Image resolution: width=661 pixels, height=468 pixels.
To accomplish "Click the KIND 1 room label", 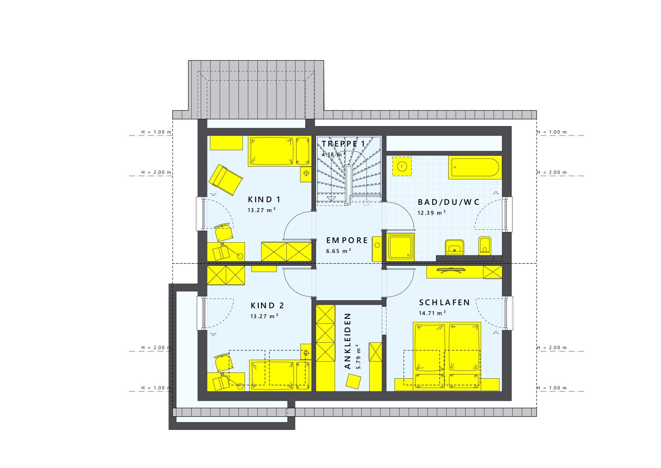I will [x=264, y=200].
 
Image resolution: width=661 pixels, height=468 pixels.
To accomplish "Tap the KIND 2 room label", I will [x=267, y=306].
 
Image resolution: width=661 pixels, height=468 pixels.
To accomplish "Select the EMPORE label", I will [x=347, y=240].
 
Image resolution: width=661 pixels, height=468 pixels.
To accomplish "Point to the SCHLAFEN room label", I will [x=445, y=303].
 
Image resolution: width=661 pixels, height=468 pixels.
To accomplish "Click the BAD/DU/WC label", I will [x=449, y=202].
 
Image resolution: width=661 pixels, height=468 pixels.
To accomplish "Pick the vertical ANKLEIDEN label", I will [x=347, y=341].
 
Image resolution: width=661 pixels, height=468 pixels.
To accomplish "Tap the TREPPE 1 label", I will [x=343, y=144].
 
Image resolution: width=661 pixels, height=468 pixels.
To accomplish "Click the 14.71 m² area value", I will [x=432, y=313].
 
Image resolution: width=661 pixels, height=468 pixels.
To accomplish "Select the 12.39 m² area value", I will [x=431, y=213].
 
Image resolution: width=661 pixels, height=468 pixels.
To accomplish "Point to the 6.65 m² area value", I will [x=338, y=251].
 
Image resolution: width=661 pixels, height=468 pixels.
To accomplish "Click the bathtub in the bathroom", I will [x=475, y=167].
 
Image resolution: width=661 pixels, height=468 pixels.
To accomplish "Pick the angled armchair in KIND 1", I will [x=225, y=179].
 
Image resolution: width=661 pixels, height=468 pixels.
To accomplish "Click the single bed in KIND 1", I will [x=279, y=151].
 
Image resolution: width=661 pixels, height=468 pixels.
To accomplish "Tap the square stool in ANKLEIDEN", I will [x=353, y=381].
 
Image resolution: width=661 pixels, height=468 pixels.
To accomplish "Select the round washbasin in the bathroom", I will [x=402, y=166].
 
